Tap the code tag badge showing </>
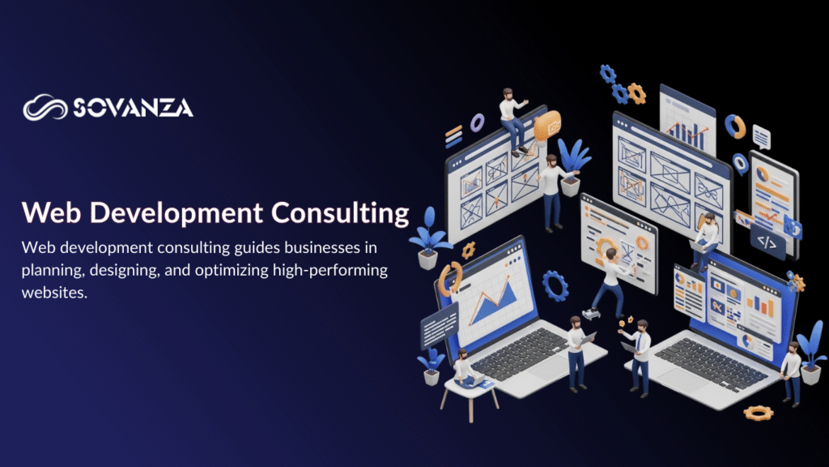click(766, 241)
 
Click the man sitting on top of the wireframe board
click(512, 118)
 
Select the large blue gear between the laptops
click(555, 285)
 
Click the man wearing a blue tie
click(639, 353)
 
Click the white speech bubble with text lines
click(761, 135)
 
